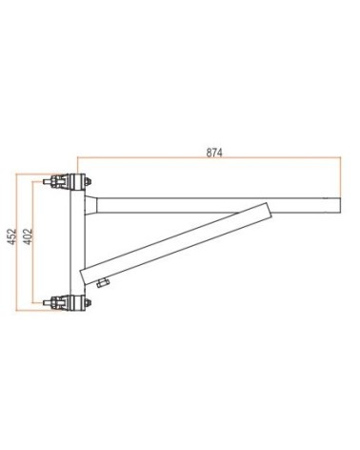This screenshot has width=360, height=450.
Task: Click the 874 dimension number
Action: [x=214, y=153]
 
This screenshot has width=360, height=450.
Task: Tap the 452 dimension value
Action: [x=12, y=236]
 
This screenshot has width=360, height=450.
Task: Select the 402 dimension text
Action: [x=29, y=236]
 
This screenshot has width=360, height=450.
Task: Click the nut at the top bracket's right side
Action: [x=89, y=182]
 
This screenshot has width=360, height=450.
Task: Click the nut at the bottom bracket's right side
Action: [x=89, y=302]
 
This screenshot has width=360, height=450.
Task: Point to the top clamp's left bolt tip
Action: [x=45, y=182]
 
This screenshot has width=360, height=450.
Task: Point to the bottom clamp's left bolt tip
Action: [x=45, y=302]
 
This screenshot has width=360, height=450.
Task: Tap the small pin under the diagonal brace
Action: [x=102, y=283]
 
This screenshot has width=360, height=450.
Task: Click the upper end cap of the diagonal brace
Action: [x=269, y=210]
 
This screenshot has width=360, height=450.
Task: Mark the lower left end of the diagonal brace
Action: [x=83, y=277]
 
